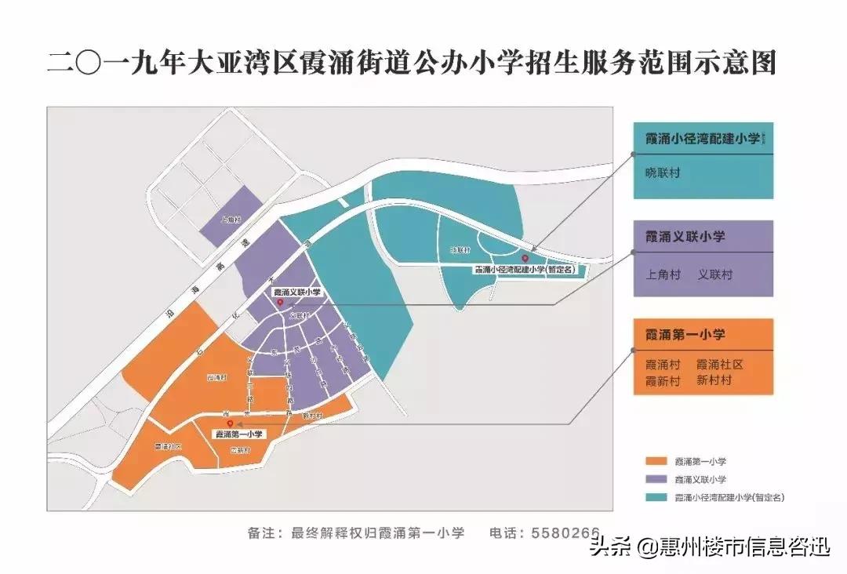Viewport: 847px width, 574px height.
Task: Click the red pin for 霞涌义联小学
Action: point(280,301)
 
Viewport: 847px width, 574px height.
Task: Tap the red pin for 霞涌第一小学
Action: point(229,423)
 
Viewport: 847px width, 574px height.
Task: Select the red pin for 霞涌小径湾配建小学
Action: point(525,258)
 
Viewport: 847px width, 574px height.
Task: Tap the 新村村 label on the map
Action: point(313,416)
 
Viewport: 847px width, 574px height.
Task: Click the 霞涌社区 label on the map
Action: point(167,446)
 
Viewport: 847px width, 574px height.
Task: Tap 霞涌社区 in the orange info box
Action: point(719,365)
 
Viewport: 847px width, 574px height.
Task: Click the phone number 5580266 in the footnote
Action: point(566,532)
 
